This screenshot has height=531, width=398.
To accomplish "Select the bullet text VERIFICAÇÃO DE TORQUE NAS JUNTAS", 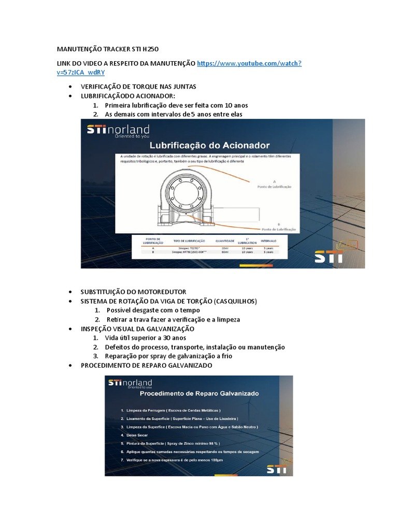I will [x=138, y=86].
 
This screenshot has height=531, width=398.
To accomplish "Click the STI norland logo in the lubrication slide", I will [x=118, y=131].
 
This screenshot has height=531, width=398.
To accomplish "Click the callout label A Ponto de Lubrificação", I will [x=274, y=183].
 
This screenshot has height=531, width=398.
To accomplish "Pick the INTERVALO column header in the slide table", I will [x=268, y=241].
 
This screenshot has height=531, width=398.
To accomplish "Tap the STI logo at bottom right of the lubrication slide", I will [x=329, y=257].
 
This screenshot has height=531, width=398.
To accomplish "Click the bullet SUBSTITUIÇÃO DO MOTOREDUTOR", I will [x=133, y=292].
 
